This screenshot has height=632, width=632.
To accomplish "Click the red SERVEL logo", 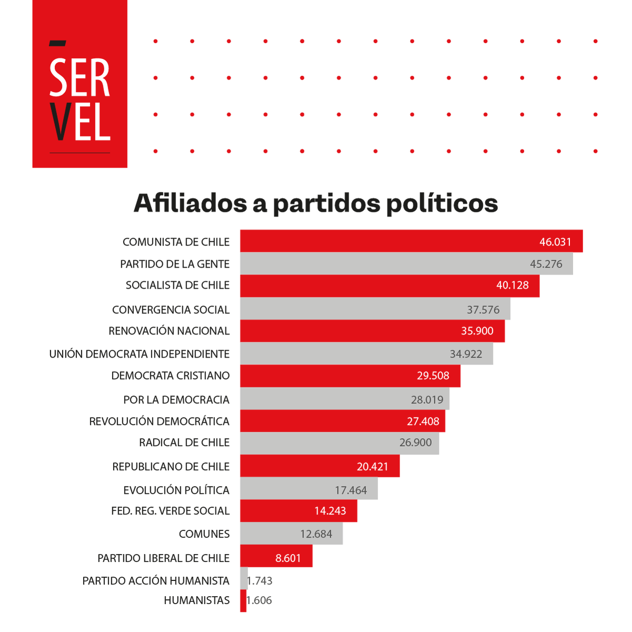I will (80, 84).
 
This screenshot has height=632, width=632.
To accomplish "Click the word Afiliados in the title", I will (190, 203).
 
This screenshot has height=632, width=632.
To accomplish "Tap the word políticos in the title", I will (442, 203).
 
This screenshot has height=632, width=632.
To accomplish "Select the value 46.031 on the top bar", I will (555, 242).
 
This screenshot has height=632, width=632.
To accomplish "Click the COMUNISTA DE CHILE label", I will (176, 242).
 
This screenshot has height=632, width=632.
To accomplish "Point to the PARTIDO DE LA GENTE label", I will (175, 264).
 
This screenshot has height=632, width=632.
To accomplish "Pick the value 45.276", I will (546, 264).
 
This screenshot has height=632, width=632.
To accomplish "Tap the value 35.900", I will (477, 331).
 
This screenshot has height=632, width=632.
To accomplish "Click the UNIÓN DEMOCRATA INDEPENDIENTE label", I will (140, 354).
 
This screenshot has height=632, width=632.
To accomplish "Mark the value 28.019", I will (427, 400).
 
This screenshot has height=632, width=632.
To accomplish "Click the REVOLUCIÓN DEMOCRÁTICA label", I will (159, 421).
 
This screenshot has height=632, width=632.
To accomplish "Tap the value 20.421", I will (372, 467).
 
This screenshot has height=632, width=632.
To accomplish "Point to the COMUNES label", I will (204, 534).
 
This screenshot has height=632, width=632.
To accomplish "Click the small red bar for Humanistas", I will (243, 601).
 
